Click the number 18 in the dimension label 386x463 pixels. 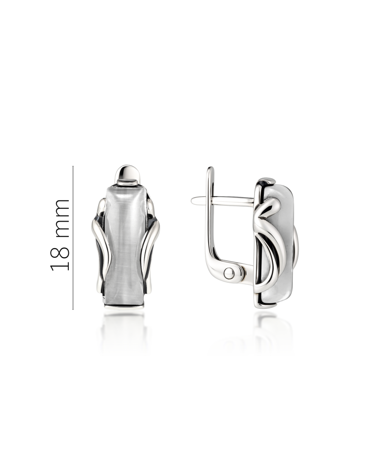pyautogui.click(x=60, y=256)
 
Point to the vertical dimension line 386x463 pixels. pyautogui.click(x=73, y=238)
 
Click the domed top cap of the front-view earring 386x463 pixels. pyautogui.click(x=127, y=176)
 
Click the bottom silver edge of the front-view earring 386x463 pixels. pyautogui.click(x=124, y=307)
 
